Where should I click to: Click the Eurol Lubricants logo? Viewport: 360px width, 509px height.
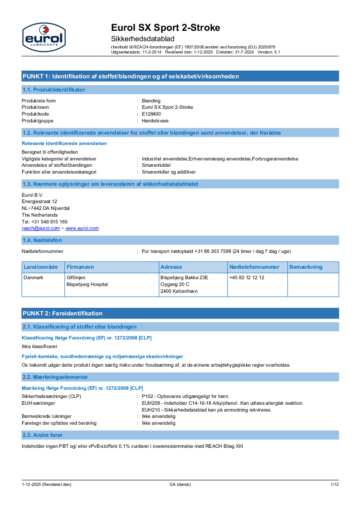pos(44,38)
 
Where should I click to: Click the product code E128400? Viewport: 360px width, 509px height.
pos(151,114)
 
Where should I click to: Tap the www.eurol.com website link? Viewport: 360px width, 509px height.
pos(82,228)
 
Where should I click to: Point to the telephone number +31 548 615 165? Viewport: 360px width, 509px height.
pos(44,222)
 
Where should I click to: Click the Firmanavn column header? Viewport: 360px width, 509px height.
pos(80,267)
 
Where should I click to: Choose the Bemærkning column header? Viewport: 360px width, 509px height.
pos(306,267)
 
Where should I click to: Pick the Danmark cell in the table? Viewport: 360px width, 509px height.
pos(33,277)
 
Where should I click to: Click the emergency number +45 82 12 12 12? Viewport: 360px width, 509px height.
pos(247,277)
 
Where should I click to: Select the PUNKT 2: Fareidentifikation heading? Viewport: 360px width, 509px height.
pos(63,313)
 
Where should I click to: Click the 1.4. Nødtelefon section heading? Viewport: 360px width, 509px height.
pos(42,240)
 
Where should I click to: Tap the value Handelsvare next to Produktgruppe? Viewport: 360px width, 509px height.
pos(155,121)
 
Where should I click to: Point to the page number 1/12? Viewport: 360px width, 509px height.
pos(335,485)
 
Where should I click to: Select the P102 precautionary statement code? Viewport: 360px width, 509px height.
pos(148,396)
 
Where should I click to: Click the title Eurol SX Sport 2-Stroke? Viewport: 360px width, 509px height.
pos(165,28)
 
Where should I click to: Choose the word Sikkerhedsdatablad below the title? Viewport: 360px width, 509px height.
pos(142,39)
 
